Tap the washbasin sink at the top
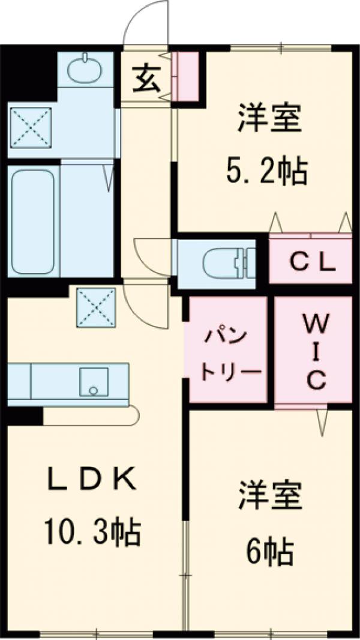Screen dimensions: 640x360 click(x=86, y=70)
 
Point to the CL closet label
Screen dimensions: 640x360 click(x=310, y=262)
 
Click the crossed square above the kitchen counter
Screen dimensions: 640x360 click(x=95, y=306)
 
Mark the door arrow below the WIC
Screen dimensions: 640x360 click(x=322, y=422)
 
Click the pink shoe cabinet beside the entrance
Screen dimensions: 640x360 click(x=188, y=76)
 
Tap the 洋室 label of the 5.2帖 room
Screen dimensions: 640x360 click(x=268, y=119)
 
